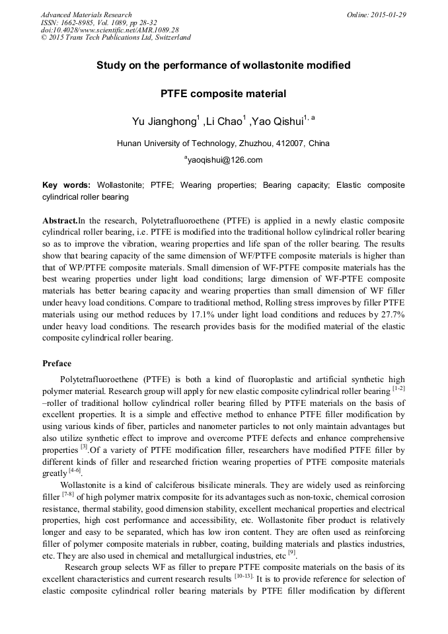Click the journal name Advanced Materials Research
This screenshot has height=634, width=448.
coord(86,15)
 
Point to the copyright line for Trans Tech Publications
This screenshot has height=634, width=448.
coord(116,38)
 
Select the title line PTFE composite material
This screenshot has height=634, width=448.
coord(223,94)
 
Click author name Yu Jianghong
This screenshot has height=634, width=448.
coord(163,122)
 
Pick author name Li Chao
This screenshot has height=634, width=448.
coord(223,122)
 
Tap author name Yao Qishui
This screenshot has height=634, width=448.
coord(276,122)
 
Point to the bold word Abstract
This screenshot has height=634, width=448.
coord(59,219)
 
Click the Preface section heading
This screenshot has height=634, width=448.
coord(57,363)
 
